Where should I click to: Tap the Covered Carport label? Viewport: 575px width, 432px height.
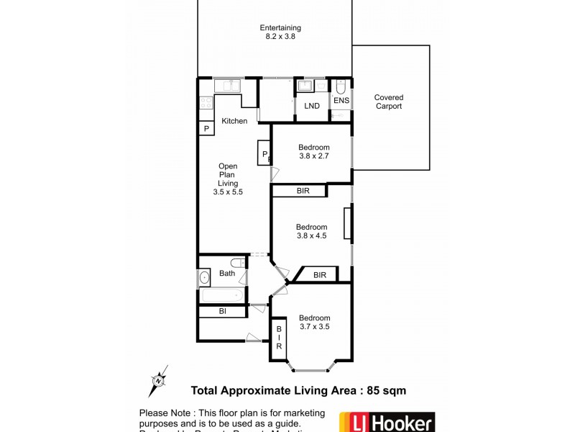388,102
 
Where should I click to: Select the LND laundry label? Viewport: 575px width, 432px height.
312,107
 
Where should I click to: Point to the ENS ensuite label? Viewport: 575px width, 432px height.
341,100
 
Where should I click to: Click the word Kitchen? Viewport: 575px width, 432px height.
234,121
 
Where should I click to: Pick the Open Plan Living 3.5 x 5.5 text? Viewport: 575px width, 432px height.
228,179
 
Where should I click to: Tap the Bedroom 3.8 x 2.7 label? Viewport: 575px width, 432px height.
313,151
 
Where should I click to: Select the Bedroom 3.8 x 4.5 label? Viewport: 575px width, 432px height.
312,231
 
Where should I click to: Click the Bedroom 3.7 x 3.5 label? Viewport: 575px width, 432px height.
314,322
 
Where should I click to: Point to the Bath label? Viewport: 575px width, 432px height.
227,274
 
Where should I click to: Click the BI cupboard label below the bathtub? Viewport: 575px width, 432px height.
223,312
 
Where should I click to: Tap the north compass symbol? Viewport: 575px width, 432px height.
159,380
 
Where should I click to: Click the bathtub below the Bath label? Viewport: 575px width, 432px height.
222,295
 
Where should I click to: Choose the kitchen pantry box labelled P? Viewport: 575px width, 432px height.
206,129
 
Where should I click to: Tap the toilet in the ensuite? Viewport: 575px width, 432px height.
341,87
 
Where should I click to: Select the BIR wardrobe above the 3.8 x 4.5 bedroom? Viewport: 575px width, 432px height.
299,192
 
